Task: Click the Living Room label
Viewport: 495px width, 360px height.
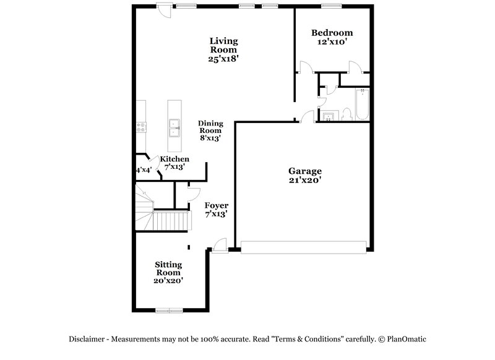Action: (223, 50)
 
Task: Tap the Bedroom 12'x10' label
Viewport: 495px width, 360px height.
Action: (332, 38)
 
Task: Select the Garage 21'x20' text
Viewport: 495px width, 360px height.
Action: (304, 176)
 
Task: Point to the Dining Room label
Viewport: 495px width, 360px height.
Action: (210, 131)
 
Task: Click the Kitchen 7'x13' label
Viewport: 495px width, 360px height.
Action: (174, 163)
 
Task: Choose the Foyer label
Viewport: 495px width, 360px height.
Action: (216, 209)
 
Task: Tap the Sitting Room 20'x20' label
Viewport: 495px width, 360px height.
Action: (168, 272)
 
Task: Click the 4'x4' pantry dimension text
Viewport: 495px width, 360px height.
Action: (144, 169)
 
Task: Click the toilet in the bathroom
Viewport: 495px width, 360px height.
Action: (346, 113)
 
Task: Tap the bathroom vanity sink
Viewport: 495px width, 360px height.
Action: (329, 116)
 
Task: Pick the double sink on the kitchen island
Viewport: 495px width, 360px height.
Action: (174, 127)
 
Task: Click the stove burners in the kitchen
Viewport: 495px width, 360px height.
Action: (141, 128)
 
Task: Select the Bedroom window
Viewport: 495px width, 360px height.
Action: (332, 6)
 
